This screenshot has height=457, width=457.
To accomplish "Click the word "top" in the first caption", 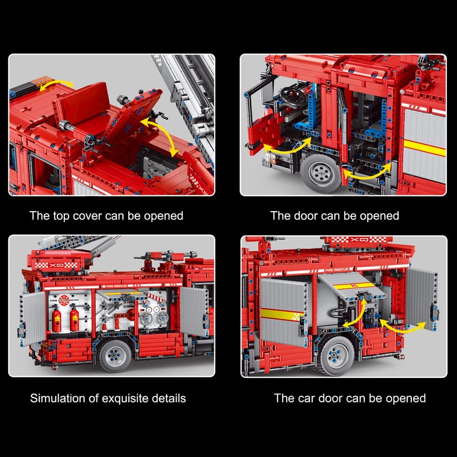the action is pyautogui.click(x=61, y=216).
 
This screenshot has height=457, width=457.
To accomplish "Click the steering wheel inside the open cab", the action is pyautogui.click(x=292, y=95).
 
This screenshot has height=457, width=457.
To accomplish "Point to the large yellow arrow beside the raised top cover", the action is pyautogui.click(x=160, y=136).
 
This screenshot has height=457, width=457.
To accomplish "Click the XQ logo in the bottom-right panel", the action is pyautogui.click(x=357, y=239).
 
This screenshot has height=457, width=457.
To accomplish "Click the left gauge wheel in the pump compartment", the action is pyautogui.click(x=145, y=318).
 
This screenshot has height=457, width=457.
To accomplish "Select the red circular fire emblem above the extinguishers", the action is pyautogui.click(x=64, y=300).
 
